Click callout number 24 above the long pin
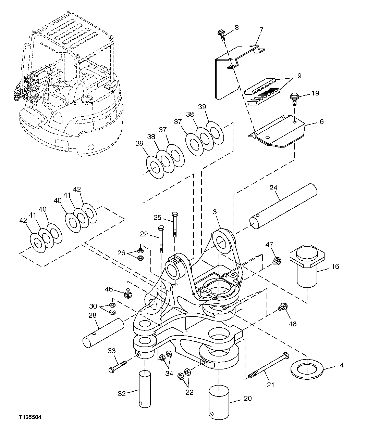point(273,188)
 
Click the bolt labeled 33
point(119,366)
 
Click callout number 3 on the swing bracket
point(215,212)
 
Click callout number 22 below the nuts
point(189,392)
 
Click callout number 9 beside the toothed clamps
point(299,76)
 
